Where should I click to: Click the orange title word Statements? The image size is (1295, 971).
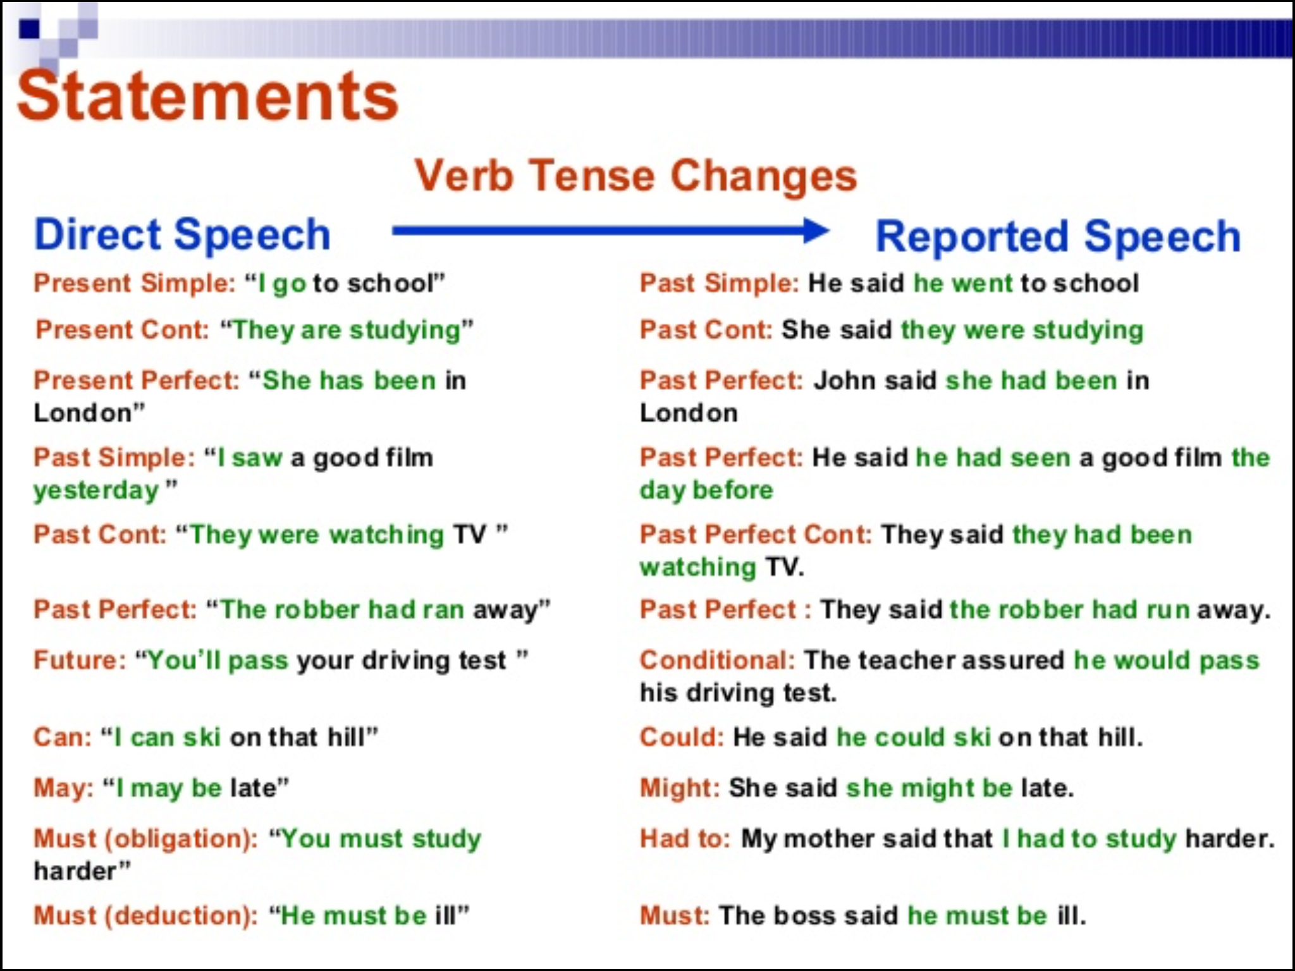208,95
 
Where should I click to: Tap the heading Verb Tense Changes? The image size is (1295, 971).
635,176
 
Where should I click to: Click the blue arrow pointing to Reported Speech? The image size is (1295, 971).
611,231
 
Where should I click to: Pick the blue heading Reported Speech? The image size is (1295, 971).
1058,236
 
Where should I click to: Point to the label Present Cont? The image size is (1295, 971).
122,329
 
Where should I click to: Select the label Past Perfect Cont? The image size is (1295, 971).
756,535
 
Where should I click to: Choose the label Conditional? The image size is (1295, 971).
717,661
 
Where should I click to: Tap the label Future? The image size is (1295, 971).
80,661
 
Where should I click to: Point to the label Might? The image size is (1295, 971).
680,789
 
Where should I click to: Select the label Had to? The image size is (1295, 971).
685,839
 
